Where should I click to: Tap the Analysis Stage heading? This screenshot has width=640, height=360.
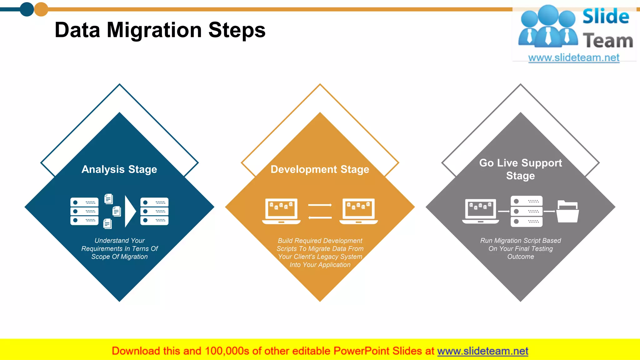(119, 169)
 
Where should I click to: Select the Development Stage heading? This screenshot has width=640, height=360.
(320, 169)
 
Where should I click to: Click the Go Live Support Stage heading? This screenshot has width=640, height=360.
(520, 169)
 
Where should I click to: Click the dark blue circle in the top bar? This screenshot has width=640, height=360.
(27, 9)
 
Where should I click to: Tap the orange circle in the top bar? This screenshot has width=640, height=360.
(41, 9)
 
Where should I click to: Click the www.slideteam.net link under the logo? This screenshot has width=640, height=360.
(574, 57)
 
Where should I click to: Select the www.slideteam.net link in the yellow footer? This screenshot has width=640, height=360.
(482, 351)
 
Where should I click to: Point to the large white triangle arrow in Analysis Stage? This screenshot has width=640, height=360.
(130, 211)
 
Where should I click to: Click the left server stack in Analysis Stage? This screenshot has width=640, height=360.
(84, 211)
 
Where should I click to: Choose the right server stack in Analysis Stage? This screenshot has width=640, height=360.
(154, 211)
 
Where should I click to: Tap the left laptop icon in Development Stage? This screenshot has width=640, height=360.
(281, 211)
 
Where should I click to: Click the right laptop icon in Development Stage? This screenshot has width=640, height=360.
(358, 211)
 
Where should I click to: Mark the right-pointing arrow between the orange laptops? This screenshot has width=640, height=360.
(320, 205)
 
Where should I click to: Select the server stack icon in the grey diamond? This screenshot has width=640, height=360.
(527, 211)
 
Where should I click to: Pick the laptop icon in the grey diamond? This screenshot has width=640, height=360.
(481, 211)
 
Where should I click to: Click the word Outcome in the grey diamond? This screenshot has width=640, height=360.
(521, 257)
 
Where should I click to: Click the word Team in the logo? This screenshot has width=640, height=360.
(608, 41)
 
